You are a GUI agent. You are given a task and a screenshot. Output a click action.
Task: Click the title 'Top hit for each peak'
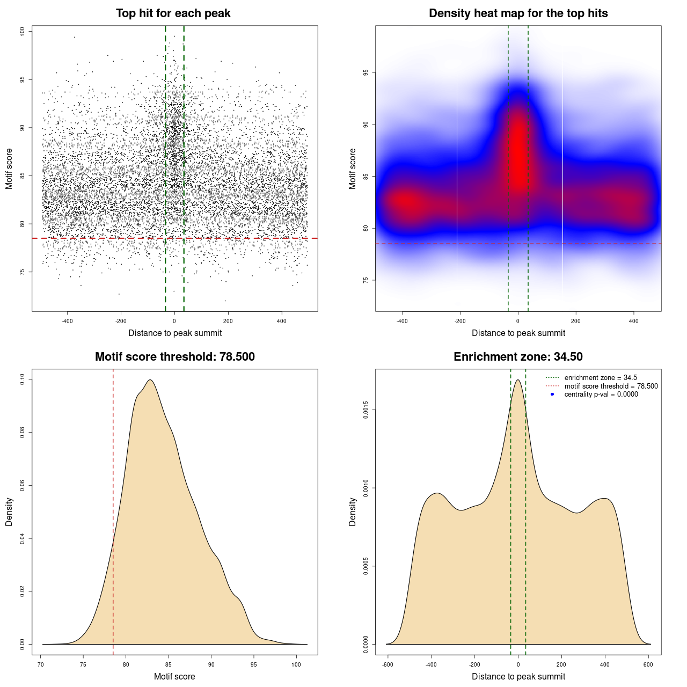point(173,13)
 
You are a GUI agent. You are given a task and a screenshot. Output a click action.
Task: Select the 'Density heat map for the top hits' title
point(518,13)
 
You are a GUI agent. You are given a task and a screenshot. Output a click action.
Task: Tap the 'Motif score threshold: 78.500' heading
point(174,357)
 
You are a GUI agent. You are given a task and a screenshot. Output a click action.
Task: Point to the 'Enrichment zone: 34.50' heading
point(518,357)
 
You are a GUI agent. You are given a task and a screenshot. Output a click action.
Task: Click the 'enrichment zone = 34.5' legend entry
point(601,378)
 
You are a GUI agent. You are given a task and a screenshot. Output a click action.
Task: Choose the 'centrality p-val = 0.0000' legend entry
point(601,394)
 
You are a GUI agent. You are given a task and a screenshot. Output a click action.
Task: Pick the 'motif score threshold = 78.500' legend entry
point(611,386)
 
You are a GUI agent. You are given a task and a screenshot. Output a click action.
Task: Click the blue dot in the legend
point(552,394)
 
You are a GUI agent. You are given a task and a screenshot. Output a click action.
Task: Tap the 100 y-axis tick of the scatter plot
point(23,32)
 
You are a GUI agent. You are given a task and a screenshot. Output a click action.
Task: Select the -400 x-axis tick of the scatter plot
point(67,321)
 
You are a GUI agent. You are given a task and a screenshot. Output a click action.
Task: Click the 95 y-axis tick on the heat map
point(366,72)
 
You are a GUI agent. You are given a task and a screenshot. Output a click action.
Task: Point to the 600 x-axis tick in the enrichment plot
point(648,664)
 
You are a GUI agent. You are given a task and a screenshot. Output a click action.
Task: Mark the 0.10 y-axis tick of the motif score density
point(23,379)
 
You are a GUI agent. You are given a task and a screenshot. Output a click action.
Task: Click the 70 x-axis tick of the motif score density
point(41,664)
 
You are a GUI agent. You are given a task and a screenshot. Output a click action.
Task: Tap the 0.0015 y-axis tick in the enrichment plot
point(366,410)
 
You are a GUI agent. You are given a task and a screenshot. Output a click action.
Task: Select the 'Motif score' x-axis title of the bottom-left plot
point(174,676)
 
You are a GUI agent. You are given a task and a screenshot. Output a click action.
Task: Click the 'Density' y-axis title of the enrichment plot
point(353,511)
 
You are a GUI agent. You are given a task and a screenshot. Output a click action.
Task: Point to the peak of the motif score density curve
point(150,380)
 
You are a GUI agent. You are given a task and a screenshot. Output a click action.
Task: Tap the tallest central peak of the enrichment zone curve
point(518,380)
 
